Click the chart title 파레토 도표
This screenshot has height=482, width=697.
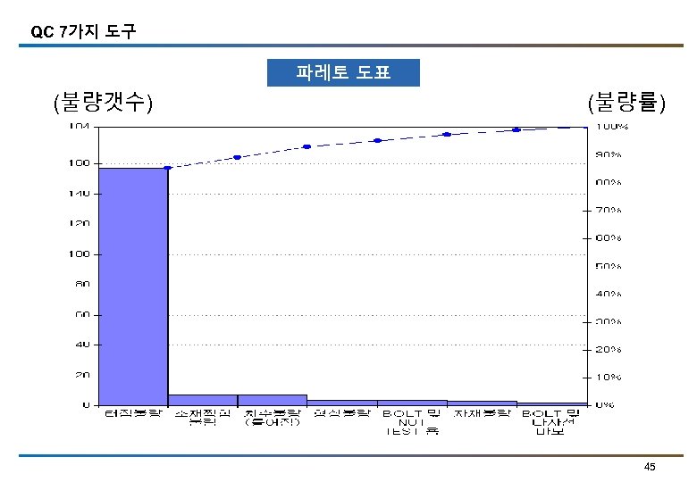click(343, 72)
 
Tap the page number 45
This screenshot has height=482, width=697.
click(650, 468)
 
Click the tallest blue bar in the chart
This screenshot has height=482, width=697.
click(133, 286)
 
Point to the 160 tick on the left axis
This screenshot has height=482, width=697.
click(79, 163)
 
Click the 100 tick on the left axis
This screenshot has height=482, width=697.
click(79, 254)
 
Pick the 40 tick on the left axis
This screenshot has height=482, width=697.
click(80, 344)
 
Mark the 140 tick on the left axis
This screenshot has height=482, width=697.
click(79, 193)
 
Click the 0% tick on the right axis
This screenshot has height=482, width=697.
click(606, 404)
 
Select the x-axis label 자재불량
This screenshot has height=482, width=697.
click(482, 414)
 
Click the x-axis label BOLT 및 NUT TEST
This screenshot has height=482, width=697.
click(412, 422)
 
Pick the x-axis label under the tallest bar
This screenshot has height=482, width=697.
click(133, 414)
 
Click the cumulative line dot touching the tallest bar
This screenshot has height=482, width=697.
click(167, 168)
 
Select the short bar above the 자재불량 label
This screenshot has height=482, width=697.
click(482, 403)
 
